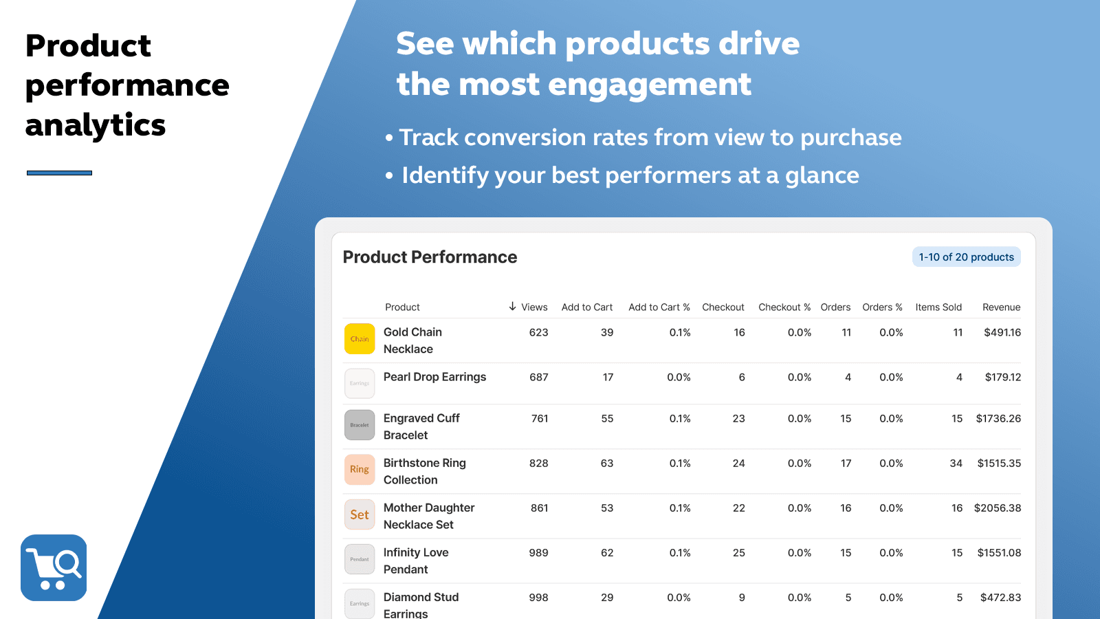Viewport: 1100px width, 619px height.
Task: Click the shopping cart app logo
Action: point(54,567)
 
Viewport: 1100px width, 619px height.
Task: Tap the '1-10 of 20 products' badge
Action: point(966,257)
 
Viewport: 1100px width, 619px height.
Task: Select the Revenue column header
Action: point(1001,307)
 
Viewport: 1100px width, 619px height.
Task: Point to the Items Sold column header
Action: point(938,307)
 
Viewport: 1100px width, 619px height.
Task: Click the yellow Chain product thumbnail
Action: point(360,339)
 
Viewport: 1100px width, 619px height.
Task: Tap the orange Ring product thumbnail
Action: point(360,470)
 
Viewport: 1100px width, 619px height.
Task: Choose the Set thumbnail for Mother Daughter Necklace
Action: point(360,514)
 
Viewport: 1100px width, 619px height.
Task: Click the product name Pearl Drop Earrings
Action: point(434,377)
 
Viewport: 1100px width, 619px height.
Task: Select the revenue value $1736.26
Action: point(998,418)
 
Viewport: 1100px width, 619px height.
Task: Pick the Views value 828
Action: point(538,463)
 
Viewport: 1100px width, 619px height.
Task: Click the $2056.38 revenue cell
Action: point(997,508)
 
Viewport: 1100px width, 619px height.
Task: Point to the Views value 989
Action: point(538,552)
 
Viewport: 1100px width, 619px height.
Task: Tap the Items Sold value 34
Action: point(956,463)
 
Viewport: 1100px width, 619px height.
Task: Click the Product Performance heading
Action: point(430,257)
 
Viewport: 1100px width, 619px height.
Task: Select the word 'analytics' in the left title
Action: point(96,125)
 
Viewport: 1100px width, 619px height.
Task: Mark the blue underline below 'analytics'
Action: point(59,173)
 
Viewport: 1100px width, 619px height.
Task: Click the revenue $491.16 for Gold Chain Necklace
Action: point(1002,332)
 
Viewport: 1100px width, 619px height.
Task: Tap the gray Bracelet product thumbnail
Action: point(360,425)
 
